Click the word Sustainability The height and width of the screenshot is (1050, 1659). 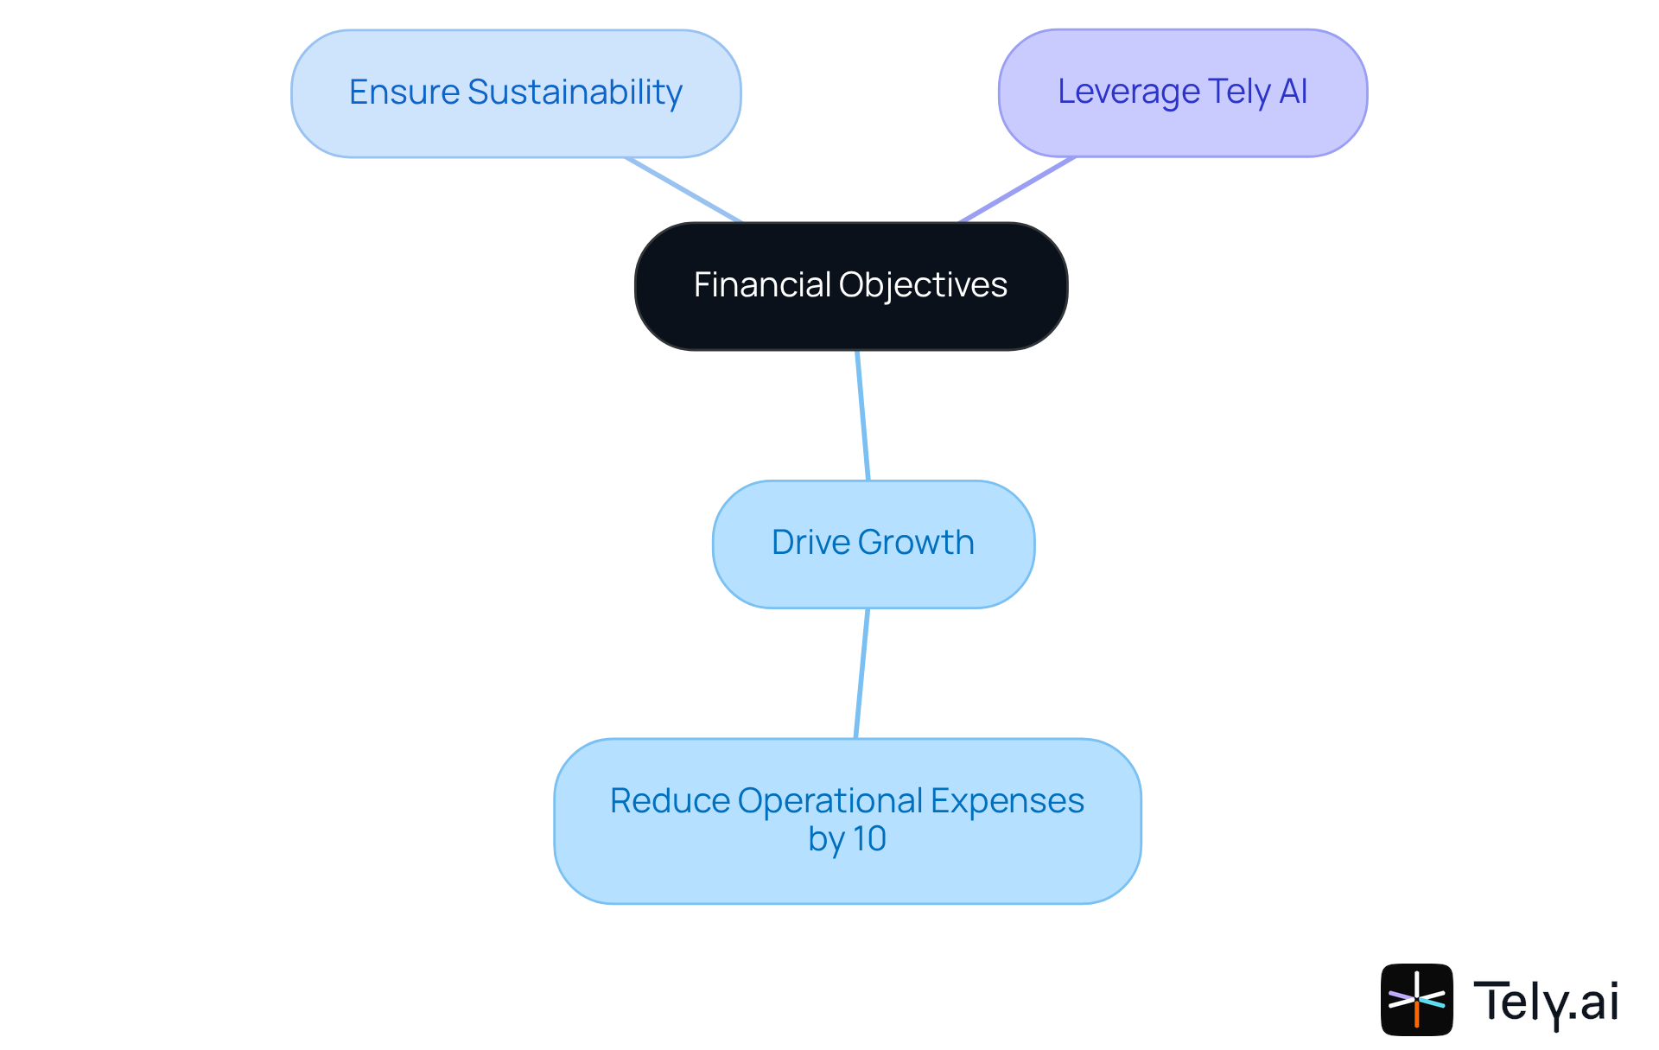pyautogui.click(x=575, y=92)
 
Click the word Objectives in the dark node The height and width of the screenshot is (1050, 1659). pyautogui.click(x=923, y=285)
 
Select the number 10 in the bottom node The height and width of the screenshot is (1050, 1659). pyautogui.click(x=869, y=838)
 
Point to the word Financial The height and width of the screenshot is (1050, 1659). pyautogui.click(x=761, y=285)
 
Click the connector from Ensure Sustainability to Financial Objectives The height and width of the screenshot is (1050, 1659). pyautogui.click(x=683, y=190)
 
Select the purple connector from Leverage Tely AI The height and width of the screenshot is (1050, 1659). pyautogui.click(x=1018, y=189)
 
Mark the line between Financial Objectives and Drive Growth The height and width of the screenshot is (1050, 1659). pyautogui.click(x=862, y=415)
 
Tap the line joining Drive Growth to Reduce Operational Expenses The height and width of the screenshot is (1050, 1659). pyautogui.click(x=861, y=674)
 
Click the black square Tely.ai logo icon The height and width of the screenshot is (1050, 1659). pyautogui.click(x=1416, y=1000)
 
